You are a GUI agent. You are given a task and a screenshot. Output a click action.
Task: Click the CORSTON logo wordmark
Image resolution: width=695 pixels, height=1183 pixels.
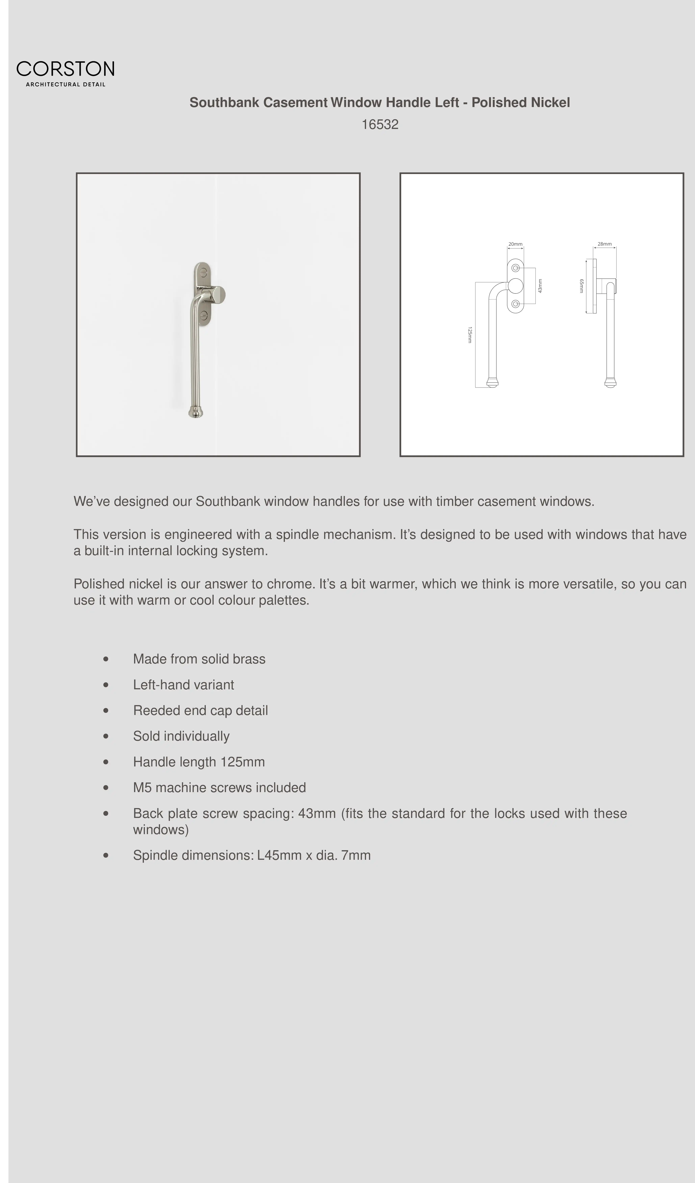[x=65, y=69]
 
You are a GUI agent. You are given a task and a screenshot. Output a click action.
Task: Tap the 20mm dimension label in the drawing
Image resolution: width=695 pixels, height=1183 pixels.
[x=515, y=244]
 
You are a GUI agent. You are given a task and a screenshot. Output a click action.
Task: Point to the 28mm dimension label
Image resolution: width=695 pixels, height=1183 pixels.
[x=604, y=244]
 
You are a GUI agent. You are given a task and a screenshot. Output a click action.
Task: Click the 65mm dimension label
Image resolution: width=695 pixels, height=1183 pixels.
[x=581, y=286]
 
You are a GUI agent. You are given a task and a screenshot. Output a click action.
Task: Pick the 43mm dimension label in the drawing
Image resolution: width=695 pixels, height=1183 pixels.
[x=540, y=286]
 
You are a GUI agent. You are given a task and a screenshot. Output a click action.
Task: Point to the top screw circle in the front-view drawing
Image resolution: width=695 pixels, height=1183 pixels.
[x=515, y=268]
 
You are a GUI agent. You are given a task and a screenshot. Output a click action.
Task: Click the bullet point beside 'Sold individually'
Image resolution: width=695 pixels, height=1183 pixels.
[x=106, y=736]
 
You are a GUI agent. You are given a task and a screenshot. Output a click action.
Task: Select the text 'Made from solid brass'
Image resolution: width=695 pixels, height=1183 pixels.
[x=199, y=659]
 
